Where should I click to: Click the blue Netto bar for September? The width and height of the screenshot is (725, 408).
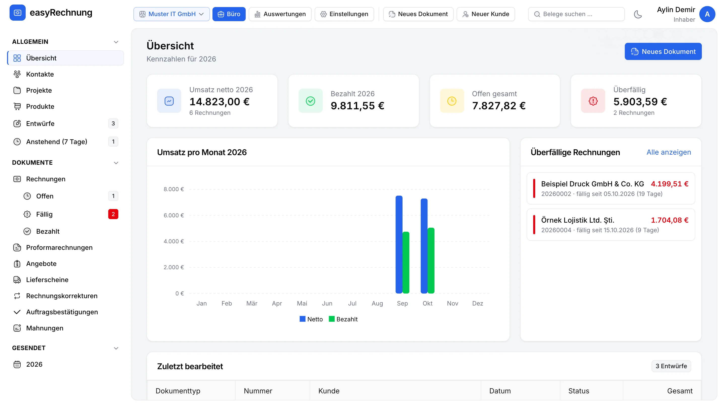point(399,244)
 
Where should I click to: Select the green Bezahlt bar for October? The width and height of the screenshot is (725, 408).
point(431,260)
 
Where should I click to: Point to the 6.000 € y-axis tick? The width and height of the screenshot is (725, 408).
point(174,215)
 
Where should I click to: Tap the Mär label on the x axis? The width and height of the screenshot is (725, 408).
point(252,303)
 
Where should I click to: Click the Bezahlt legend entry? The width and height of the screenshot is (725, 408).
point(343,319)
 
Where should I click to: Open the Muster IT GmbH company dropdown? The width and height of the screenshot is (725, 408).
point(171,14)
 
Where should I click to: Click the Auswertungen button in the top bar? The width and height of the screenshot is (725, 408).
point(280,14)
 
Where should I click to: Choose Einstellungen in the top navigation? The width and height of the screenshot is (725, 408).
point(344,14)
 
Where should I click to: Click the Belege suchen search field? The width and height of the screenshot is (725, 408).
point(576,14)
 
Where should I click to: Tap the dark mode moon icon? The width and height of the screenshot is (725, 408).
point(638,14)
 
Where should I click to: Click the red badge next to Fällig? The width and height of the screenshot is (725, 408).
point(113,214)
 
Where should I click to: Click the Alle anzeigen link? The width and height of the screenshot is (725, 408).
point(669,152)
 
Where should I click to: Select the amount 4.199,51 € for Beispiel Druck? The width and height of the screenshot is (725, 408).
point(670,184)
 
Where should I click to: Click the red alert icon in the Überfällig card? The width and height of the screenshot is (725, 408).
point(593,101)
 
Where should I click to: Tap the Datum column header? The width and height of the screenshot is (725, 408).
point(500,391)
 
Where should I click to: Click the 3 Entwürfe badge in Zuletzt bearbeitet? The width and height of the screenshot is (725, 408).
point(671,366)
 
